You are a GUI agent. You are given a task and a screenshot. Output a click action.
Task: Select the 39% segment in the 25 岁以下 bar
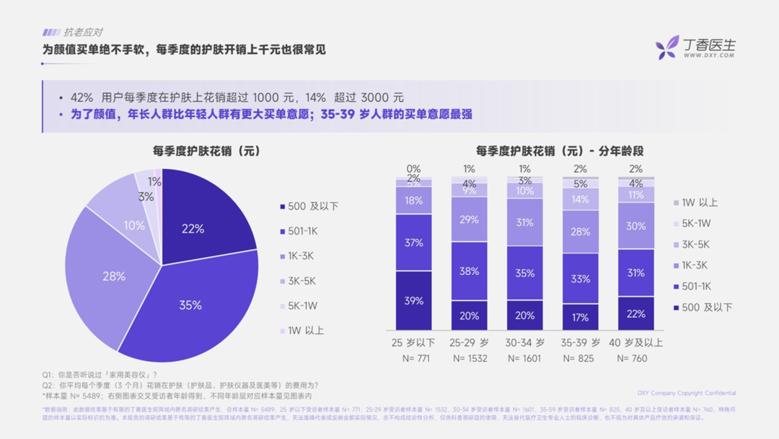414,300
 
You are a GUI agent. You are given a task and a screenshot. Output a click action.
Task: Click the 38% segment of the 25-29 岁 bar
470,271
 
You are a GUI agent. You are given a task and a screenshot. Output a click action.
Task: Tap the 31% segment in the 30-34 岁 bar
525,222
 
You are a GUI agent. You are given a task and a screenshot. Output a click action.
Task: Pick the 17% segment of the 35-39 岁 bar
581,316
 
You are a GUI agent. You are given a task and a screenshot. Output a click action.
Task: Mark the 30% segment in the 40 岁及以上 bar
636,225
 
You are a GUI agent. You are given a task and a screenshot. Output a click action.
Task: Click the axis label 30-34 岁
525,342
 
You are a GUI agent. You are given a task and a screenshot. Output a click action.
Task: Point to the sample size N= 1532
470,358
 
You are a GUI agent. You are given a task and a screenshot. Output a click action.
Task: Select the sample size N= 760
636,358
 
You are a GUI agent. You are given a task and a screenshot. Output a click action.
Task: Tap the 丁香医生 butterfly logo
667,47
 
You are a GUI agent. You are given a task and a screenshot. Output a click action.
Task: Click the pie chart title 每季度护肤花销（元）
206,151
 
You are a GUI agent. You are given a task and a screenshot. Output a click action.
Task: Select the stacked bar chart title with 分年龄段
560,151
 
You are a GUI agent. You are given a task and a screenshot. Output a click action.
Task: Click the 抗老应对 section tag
73,32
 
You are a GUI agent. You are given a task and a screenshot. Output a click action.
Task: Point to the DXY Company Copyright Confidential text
687,394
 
